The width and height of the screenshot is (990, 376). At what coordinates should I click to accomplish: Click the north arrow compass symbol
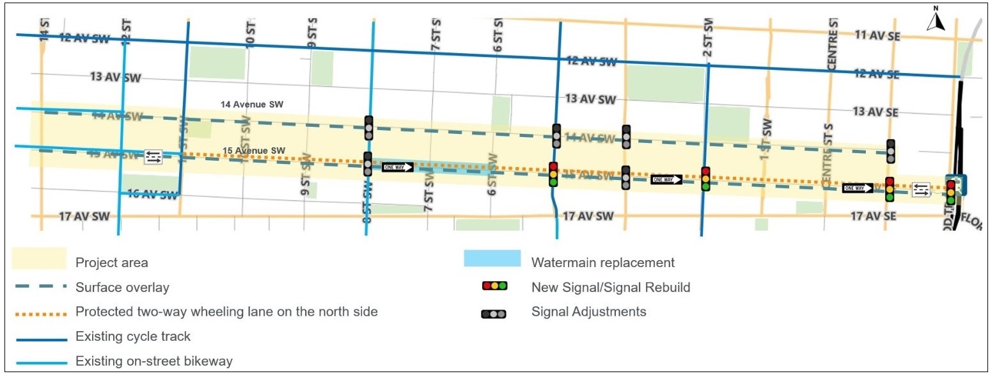936,20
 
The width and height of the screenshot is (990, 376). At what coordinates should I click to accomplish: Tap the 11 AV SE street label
877,36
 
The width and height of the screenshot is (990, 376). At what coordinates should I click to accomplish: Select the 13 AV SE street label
876,112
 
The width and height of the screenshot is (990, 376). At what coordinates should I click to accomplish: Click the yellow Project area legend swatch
39,259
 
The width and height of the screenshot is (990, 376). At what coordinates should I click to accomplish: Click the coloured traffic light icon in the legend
494,286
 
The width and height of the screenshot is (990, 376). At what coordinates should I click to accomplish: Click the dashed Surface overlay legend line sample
39,287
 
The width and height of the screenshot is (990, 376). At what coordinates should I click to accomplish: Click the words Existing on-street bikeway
153,361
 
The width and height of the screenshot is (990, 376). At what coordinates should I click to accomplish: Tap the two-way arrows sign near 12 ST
153,156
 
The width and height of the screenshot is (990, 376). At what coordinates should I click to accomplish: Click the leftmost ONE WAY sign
398,167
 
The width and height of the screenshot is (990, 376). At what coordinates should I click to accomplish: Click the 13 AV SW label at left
115,78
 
